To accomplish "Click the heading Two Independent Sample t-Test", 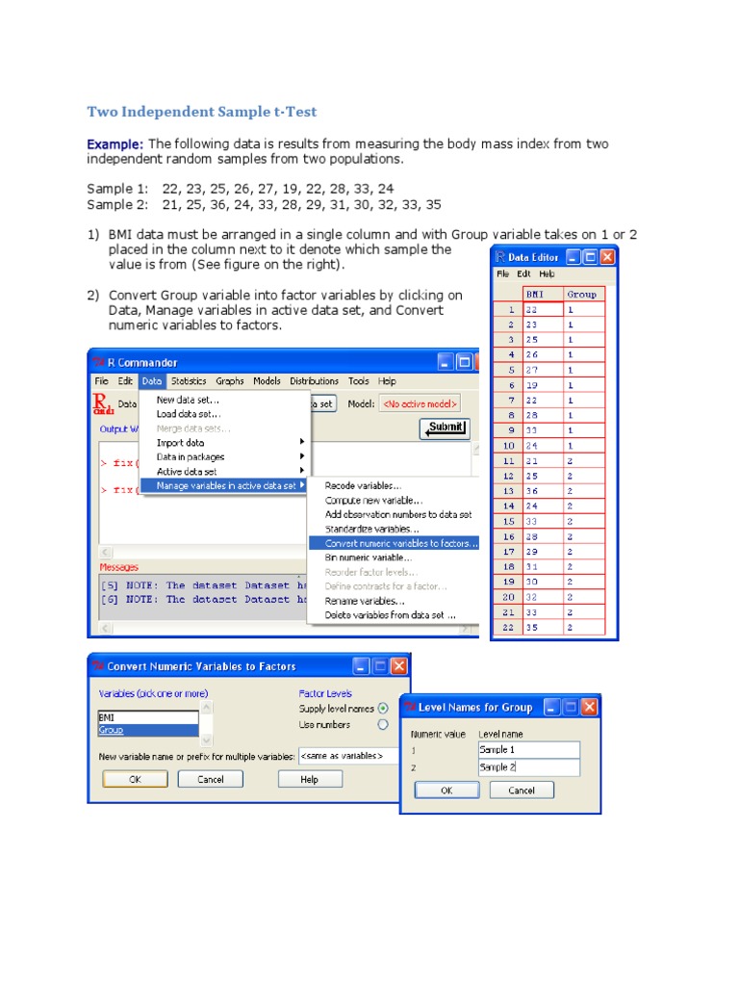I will pos(201,112).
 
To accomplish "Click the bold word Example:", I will pos(115,143).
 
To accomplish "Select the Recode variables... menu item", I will pos(363,486).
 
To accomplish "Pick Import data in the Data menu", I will pos(181,443).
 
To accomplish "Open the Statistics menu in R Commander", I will pos(189,381).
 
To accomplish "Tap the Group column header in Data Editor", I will pos(582,295).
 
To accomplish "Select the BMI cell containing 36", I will pos(532,491).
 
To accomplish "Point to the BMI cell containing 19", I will pos(532,385).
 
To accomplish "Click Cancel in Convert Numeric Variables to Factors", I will pos(211,779).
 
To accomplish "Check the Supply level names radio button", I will pos(383,709).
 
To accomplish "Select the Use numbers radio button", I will pos(383,724).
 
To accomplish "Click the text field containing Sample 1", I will pos(528,750).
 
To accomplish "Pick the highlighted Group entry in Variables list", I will pos(148,731).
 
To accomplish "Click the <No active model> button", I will pos(420,404).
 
